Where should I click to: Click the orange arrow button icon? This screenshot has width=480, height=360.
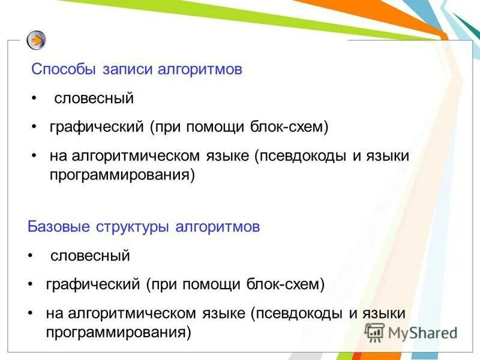point(37,40)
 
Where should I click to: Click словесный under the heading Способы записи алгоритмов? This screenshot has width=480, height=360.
point(94,98)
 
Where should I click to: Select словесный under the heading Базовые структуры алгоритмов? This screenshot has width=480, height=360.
point(90,256)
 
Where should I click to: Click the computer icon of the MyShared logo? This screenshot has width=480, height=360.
point(374,332)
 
